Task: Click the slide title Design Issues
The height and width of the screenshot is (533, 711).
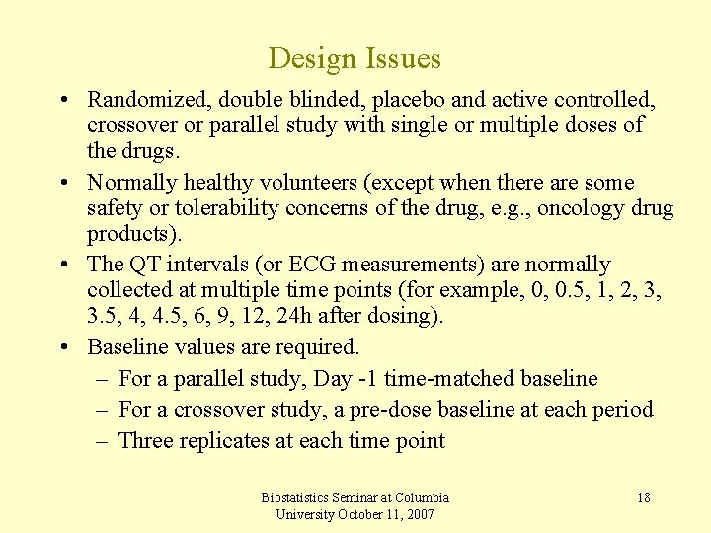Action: [x=355, y=58]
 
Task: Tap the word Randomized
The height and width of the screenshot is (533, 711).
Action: [x=140, y=100]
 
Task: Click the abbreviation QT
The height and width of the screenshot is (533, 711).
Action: [x=144, y=265]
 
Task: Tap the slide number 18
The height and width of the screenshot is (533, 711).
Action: [x=643, y=497]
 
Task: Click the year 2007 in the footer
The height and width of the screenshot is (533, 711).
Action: [x=419, y=514]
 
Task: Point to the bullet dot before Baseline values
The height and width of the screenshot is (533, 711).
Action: [x=62, y=347]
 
